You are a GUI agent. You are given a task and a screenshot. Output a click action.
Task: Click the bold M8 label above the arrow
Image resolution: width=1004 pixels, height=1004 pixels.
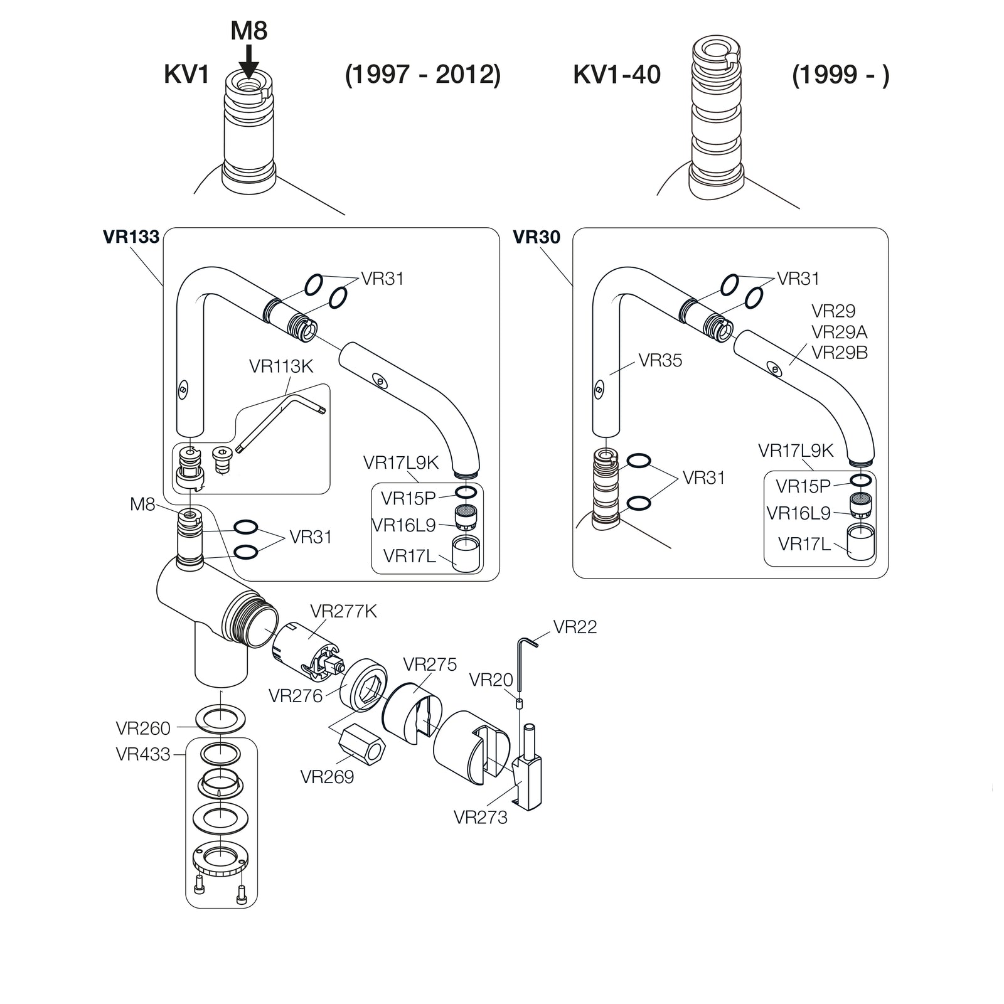tap(249, 31)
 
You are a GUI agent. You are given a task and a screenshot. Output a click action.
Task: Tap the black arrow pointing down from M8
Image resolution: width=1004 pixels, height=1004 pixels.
tap(249, 62)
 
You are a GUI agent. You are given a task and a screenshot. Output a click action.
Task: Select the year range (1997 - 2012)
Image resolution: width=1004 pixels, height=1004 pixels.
tap(423, 75)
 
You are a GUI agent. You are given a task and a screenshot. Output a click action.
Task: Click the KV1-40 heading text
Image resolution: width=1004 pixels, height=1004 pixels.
tap(617, 75)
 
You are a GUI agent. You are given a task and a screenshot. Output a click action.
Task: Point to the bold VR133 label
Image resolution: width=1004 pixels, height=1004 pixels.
tap(131, 237)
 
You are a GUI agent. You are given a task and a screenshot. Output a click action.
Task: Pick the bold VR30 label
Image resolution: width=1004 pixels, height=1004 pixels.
tap(537, 237)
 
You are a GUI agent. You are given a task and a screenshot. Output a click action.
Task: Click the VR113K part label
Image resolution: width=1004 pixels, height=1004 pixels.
tap(280, 366)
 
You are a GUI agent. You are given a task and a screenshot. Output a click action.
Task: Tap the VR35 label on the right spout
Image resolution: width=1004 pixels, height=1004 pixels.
tap(660, 360)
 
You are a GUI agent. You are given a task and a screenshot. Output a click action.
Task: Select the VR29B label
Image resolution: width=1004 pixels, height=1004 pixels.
tap(840, 353)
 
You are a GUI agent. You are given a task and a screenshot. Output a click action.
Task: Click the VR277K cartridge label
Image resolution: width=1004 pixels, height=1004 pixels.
tap(343, 611)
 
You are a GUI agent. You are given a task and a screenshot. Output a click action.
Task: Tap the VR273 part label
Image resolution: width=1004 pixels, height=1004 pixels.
tap(480, 817)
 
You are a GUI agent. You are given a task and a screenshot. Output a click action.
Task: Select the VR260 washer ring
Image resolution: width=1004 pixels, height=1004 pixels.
tap(220, 719)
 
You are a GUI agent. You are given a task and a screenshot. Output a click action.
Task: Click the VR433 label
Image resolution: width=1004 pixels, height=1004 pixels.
tap(143, 754)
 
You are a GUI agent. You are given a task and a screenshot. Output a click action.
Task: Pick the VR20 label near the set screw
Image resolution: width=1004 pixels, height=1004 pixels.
tap(491, 680)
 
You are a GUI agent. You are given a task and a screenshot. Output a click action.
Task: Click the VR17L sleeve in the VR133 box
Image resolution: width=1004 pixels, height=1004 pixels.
tap(466, 553)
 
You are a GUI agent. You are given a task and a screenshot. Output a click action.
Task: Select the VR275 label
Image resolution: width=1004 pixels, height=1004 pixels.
tap(430, 664)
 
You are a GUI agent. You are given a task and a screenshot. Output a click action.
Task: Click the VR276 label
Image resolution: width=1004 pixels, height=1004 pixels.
tap(296, 695)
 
